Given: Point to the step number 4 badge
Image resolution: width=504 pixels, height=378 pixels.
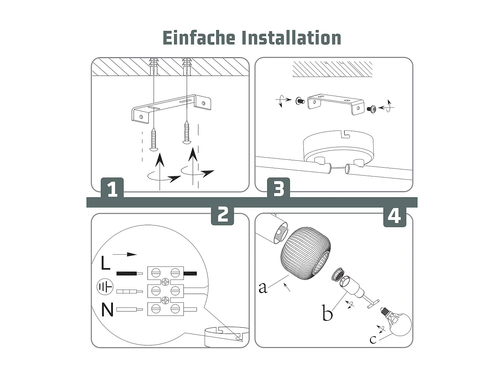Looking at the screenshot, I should (x=394, y=216).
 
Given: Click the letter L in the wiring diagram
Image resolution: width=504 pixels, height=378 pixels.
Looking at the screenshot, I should (x=106, y=263).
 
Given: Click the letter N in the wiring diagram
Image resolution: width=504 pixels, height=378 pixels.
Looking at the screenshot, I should (x=107, y=309).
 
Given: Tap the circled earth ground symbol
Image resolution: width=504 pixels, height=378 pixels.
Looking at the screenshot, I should (x=105, y=287).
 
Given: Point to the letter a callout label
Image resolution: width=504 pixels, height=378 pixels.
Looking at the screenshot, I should (x=263, y=287).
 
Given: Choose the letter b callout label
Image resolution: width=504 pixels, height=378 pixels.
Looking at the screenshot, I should (x=327, y=313).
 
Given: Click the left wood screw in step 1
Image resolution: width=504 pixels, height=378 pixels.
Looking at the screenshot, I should (x=154, y=139).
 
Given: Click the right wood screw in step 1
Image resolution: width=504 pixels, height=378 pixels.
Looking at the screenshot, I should (x=187, y=133).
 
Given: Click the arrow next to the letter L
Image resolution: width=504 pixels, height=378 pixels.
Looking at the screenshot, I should (x=125, y=254).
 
